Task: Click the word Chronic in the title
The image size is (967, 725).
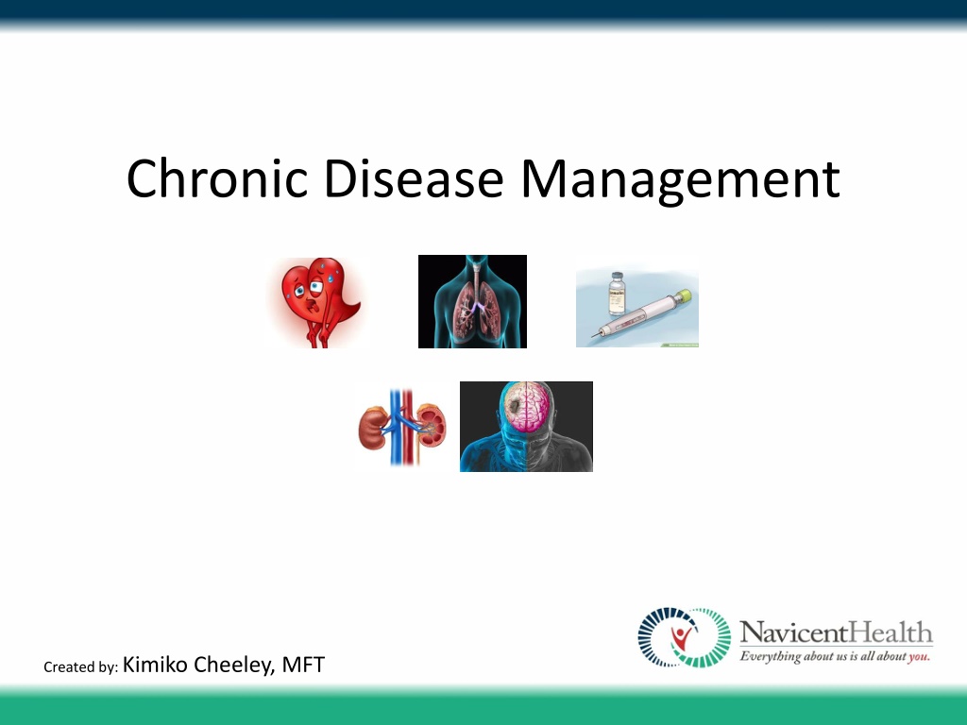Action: tap(216, 178)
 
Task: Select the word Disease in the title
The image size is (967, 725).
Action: tap(414, 178)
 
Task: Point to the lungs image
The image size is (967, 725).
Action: tap(472, 301)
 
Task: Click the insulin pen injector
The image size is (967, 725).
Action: tap(641, 314)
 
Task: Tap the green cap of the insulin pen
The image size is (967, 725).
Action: tap(683, 297)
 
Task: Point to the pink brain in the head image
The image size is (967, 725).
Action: tap(525, 406)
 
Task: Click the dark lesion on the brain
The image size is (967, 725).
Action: tap(513, 404)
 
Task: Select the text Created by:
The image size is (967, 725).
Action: tap(81, 667)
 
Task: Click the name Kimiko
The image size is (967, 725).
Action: tap(155, 665)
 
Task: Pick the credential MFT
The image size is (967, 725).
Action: tap(303, 665)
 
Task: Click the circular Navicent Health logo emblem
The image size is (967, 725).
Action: tap(684, 637)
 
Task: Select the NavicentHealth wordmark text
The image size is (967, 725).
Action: tap(836, 633)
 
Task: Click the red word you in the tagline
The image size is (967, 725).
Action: tap(918, 657)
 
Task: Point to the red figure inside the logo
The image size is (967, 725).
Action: tap(680, 639)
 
